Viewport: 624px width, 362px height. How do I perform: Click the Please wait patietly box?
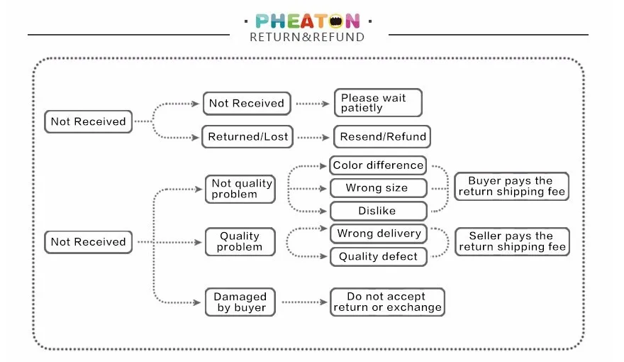tap(377, 103)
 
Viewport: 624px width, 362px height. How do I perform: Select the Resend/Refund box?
tap(382, 137)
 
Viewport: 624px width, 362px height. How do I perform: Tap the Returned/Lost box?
tap(248, 137)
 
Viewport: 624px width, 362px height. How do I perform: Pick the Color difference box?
tap(378, 165)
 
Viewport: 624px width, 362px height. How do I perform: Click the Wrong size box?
tap(378, 188)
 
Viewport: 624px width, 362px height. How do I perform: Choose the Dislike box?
tap(378, 211)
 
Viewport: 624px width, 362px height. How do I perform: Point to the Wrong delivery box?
tap(379, 234)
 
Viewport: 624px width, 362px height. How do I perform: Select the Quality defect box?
tap(379, 256)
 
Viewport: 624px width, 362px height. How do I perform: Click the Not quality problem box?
tap(241, 188)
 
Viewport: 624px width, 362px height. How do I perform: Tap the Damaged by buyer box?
tap(241, 302)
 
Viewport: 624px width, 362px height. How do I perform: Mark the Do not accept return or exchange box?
tap(387, 302)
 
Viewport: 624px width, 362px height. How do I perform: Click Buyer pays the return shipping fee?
tap(511, 187)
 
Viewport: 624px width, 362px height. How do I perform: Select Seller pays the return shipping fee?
tap(511, 241)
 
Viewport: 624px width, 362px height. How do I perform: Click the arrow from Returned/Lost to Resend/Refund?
tap(313, 137)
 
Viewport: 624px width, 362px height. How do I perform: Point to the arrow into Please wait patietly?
tap(313, 104)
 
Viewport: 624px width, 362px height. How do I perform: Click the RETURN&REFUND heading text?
tap(307, 37)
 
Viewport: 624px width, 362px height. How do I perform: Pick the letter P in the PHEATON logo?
tap(263, 21)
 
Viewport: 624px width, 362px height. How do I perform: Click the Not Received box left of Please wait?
tap(88, 121)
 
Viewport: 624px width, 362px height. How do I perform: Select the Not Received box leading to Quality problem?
tap(88, 242)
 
